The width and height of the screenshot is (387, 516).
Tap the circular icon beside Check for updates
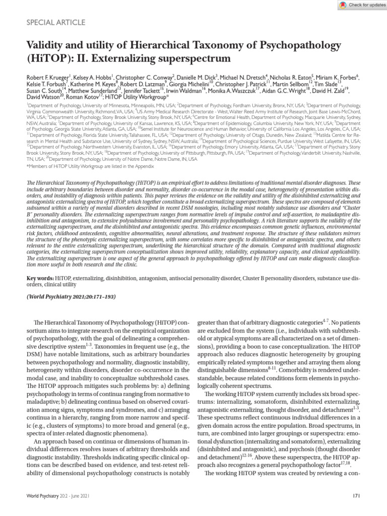pyautogui.click(x=343, y=5)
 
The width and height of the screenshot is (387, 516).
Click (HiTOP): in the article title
pyautogui.click(x=45, y=58)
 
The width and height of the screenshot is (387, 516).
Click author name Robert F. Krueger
pyautogui.click(x=47, y=78)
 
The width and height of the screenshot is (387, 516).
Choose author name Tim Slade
pyautogui.click(x=330, y=85)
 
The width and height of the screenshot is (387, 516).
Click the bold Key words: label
pyautogui.click(x=41, y=278)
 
